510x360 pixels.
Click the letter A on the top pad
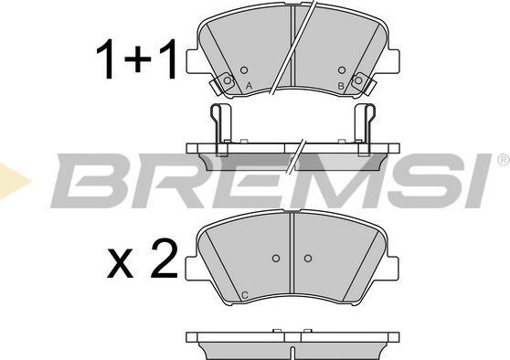click(x=249, y=86)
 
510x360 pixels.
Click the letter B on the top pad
click(x=341, y=86)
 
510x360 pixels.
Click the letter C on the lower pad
click(x=245, y=295)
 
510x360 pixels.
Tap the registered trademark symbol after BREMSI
click(x=504, y=159)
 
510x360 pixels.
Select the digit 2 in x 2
click(x=165, y=259)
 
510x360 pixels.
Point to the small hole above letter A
click(x=244, y=70)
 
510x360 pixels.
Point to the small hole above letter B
click(x=342, y=70)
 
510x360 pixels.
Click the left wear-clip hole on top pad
click(x=228, y=80)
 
